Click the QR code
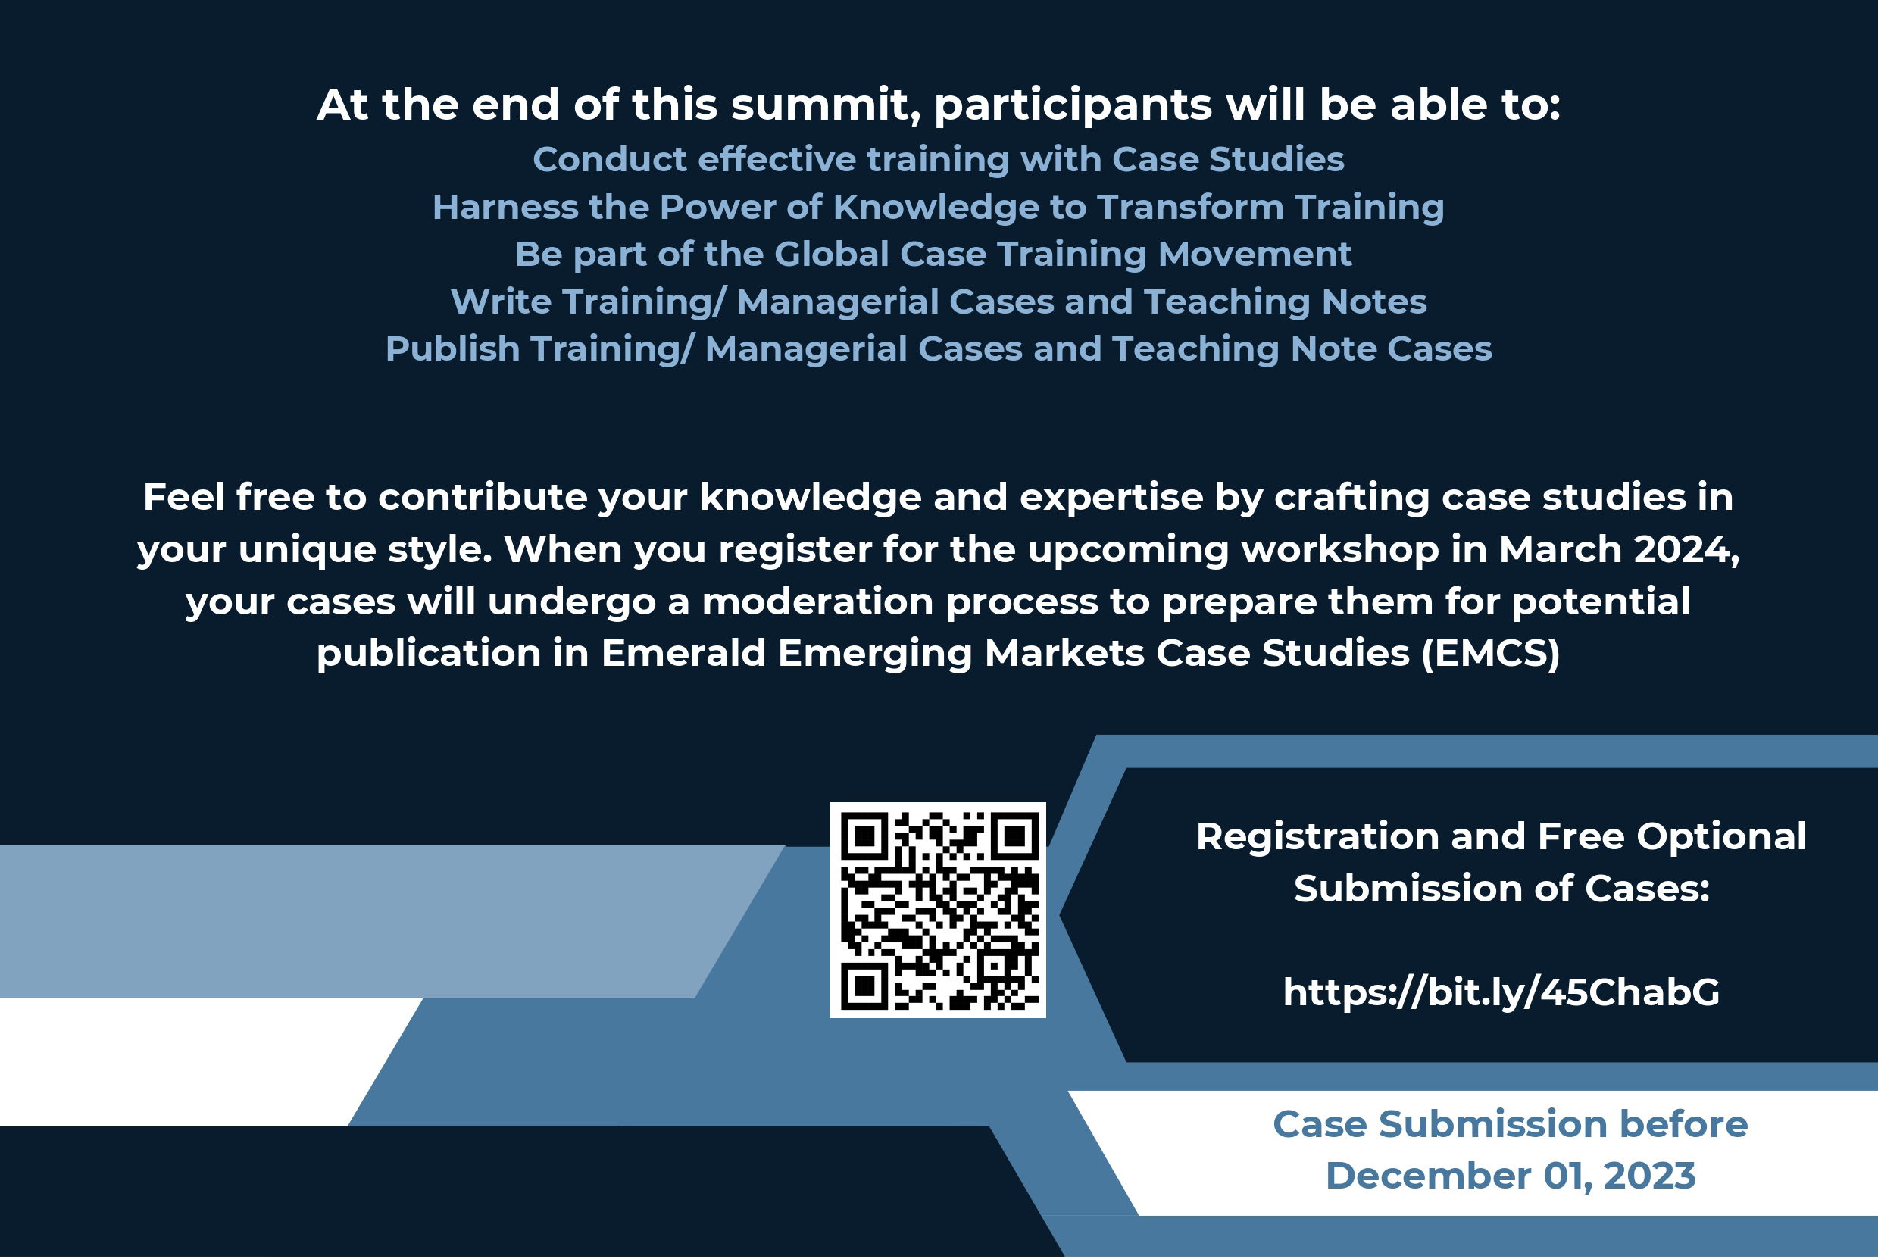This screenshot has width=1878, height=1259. point(938,910)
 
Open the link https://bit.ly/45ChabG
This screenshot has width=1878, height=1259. point(1501,992)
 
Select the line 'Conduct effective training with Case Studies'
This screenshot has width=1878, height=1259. point(939,159)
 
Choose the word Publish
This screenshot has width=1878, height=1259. point(453,349)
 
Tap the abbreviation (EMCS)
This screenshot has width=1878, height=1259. point(1490,653)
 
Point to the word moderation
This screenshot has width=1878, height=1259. point(818,601)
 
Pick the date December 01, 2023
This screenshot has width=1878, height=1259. point(1511,1176)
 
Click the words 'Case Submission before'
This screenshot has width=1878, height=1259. point(1511,1124)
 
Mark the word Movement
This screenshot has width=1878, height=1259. point(1255,254)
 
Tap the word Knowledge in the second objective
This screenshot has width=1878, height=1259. point(936,207)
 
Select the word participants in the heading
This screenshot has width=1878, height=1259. point(1073,106)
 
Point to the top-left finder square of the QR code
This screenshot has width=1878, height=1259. point(864,836)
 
